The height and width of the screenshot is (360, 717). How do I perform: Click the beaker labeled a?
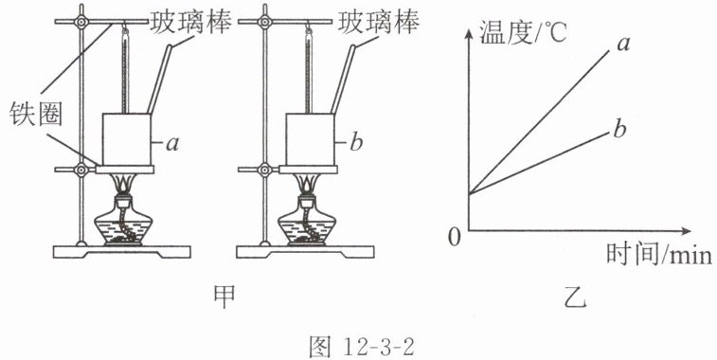point(127,139)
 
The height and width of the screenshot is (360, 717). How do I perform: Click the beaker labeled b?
point(311,139)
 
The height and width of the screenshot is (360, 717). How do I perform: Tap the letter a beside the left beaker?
point(172,144)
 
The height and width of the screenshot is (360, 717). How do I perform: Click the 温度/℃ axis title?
point(523,33)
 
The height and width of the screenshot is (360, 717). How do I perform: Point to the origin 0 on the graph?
point(454,238)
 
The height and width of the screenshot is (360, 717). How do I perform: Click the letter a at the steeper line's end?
point(623,44)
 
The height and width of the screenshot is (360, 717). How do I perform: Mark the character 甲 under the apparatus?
point(224,297)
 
